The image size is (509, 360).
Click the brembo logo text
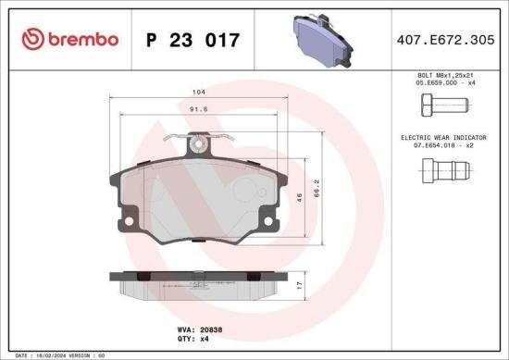tap(70, 39)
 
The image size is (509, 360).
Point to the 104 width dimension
tap(198, 93)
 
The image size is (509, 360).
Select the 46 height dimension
tap(299, 198)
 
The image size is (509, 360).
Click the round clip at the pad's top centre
tap(196, 143)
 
